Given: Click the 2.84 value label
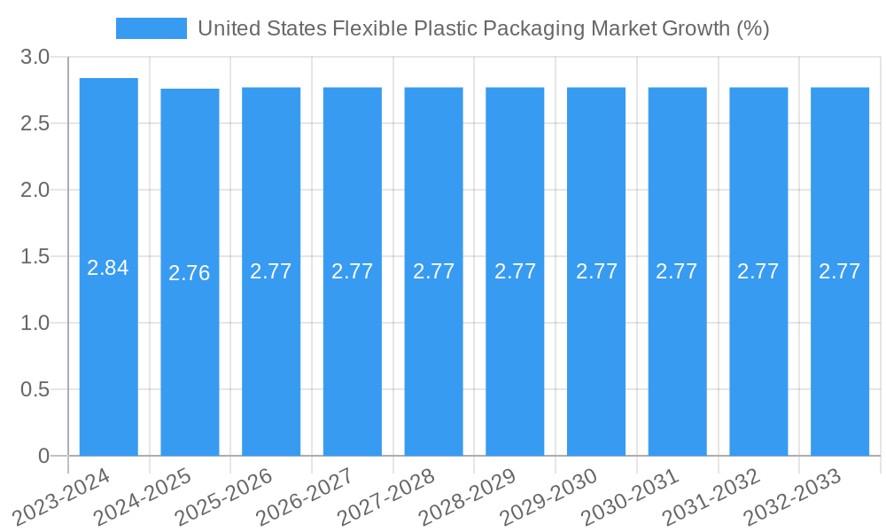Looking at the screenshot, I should point(108,268).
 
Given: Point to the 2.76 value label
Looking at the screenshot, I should point(190,273).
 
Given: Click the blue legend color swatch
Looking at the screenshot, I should point(152,28).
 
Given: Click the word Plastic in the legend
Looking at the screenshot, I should point(447,28).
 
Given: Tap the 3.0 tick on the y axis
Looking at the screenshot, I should point(35,58).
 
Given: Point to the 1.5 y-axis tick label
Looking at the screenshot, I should point(35,257).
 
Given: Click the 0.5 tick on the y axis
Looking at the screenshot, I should point(35,390).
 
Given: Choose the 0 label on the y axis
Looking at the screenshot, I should point(43,456).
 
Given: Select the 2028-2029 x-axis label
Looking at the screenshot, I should point(469,497).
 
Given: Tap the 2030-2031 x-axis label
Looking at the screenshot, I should point(632,497).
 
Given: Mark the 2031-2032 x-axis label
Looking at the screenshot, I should point(713,497).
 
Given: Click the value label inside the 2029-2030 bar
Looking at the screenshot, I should point(596,271).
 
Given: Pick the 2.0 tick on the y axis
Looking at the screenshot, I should point(35,191).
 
